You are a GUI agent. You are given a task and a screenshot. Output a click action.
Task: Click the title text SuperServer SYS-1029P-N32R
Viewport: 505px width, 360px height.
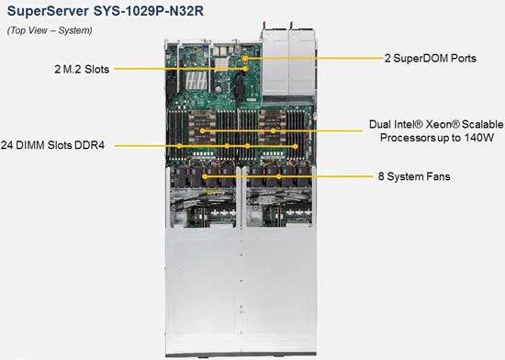point(106,11)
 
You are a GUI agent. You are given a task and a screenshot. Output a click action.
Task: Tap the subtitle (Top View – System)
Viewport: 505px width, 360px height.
point(50,30)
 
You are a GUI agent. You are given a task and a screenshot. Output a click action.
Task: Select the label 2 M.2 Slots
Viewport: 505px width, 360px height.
point(82,69)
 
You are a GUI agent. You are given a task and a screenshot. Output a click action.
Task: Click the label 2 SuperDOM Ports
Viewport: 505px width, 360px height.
point(431,58)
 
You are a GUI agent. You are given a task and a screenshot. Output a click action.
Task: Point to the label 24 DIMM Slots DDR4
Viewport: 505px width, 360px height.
point(52,145)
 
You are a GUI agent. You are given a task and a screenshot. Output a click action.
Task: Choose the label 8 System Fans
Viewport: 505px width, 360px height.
point(414,176)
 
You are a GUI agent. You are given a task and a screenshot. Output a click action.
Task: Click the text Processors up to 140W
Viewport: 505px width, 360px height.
point(437,138)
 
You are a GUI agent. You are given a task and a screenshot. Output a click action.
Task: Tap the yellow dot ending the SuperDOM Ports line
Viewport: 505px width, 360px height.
point(245,58)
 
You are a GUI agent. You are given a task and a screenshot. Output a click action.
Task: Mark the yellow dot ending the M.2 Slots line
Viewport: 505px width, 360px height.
point(245,69)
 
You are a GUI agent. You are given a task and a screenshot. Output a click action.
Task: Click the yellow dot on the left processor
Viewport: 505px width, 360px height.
point(202,130)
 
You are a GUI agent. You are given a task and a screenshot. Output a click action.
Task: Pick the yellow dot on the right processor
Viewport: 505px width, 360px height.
point(273,130)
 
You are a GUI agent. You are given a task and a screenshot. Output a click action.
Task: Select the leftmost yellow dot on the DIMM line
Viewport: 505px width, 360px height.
point(179,146)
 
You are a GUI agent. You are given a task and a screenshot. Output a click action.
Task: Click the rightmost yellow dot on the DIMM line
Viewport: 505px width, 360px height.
point(296,147)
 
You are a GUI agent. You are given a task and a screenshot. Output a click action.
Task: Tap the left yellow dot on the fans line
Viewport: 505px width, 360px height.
point(205,176)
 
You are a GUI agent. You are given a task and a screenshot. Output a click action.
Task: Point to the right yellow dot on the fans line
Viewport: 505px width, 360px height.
point(279,176)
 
